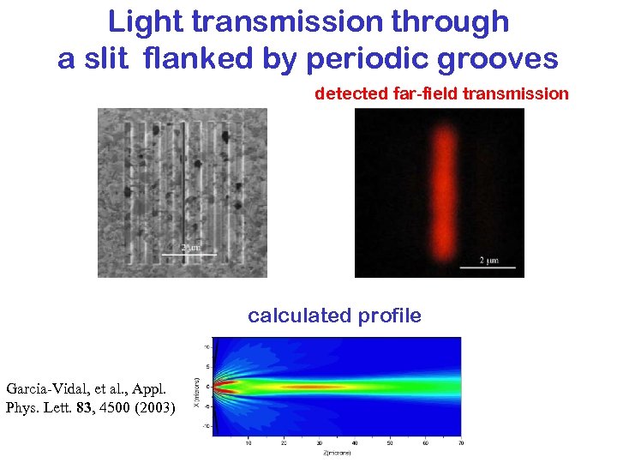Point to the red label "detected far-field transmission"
[x=441, y=93]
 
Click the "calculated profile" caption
[x=334, y=316]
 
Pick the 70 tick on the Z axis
[x=460, y=442]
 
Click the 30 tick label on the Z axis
[x=319, y=442]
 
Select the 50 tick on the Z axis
[x=390, y=442]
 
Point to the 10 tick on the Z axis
[x=249, y=442]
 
